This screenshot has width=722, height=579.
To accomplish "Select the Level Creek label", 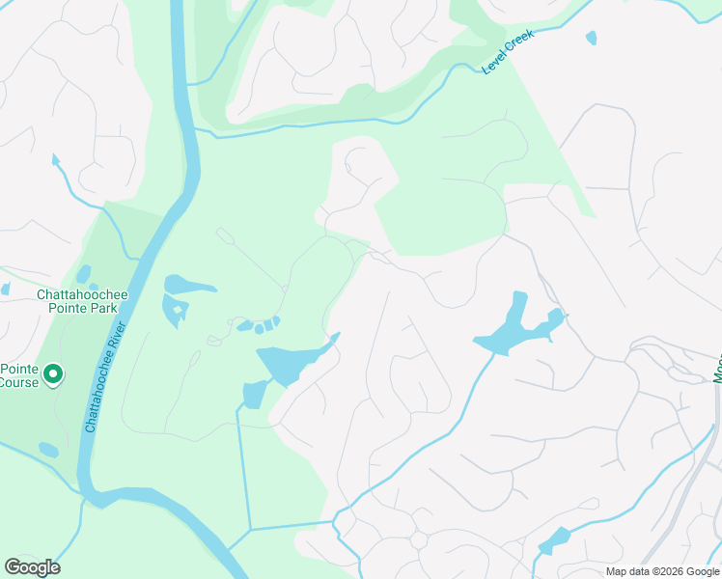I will click(508, 52).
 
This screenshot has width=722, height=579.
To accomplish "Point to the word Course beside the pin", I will click(19, 382).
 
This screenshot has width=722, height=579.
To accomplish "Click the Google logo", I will click(32, 567).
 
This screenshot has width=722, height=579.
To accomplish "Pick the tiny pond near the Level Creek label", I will click(591, 38).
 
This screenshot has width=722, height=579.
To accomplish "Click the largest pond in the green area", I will click(290, 362).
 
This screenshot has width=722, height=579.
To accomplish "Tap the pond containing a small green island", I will click(176, 311).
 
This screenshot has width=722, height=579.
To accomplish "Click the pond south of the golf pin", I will click(48, 450).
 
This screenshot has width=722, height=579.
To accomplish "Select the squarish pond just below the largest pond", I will click(254, 395).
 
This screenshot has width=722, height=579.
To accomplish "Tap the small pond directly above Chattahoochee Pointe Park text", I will click(83, 274).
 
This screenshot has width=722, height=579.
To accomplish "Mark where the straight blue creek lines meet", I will click(250, 529).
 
